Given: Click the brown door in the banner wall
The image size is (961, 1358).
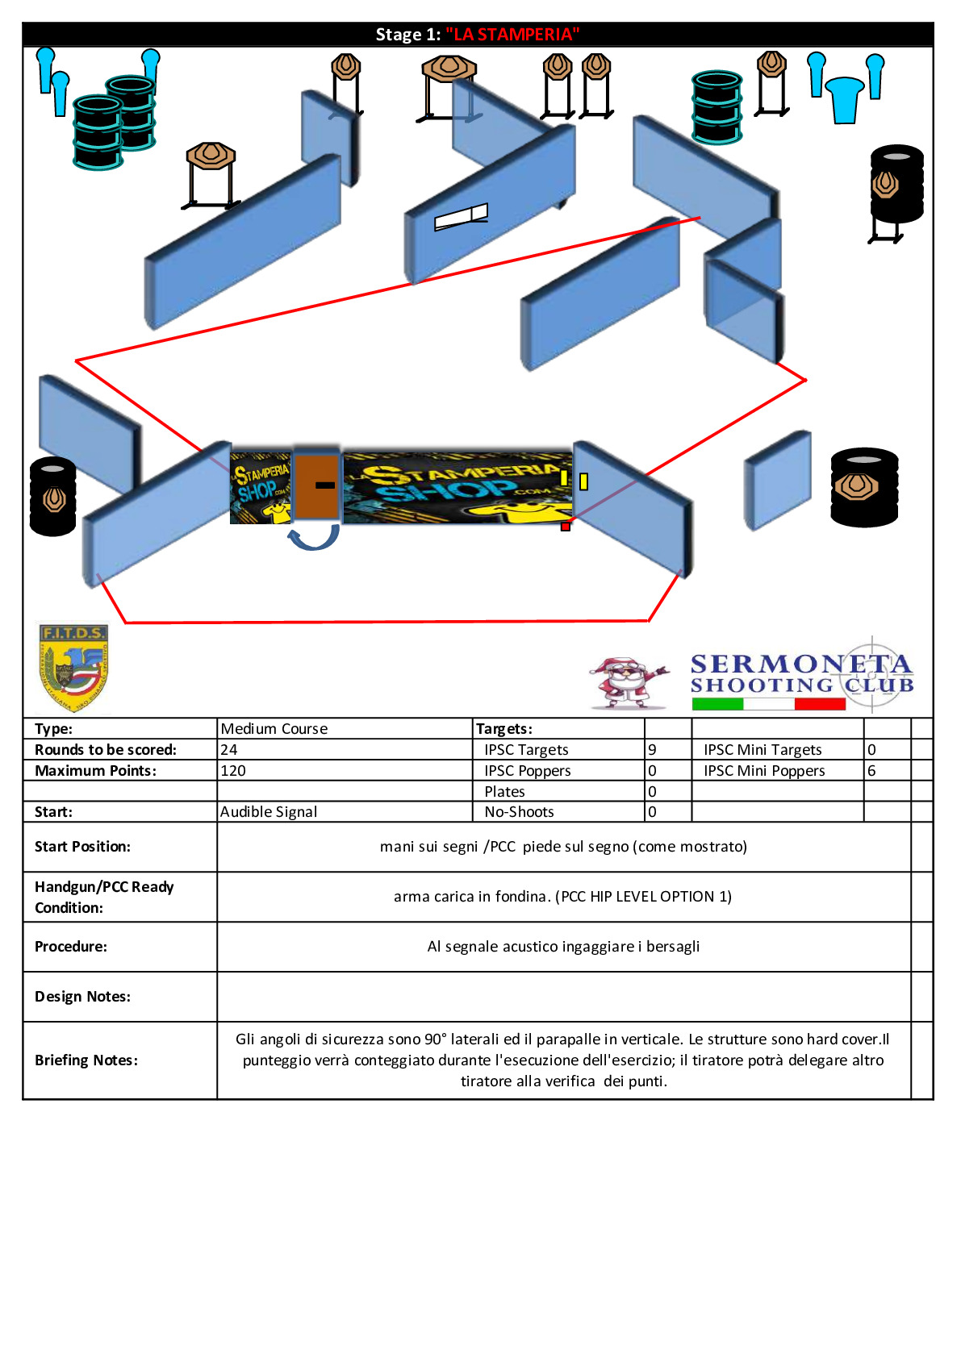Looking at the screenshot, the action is pyautogui.click(x=316, y=485).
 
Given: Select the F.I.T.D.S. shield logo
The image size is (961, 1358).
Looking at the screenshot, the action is pyautogui.click(x=73, y=668).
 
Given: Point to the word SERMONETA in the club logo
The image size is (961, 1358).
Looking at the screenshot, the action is pyautogui.click(x=801, y=664).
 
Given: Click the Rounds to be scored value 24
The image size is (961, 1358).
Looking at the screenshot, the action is pyautogui.click(x=228, y=750).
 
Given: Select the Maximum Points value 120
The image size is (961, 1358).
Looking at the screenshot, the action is pyautogui.click(x=233, y=771).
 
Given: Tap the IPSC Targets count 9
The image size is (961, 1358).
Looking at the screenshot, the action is pyautogui.click(x=652, y=750).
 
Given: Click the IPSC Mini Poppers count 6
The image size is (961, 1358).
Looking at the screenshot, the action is pyautogui.click(x=871, y=771).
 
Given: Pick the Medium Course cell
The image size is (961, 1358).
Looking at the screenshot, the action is pyautogui.click(x=274, y=729).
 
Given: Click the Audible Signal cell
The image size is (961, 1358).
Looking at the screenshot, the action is pyautogui.click(x=269, y=812).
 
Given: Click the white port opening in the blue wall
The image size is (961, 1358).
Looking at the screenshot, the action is pyautogui.click(x=461, y=216).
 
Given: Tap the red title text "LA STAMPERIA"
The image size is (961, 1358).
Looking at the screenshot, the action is pyautogui.click(x=512, y=35).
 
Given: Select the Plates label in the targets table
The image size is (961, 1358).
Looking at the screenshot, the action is pyautogui.click(x=505, y=791).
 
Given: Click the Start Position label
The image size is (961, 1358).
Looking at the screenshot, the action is pyautogui.click(x=82, y=846).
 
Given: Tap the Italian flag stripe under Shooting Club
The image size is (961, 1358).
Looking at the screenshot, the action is pyautogui.click(x=769, y=704).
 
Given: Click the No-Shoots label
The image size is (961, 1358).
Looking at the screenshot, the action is pyautogui.click(x=520, y=812).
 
